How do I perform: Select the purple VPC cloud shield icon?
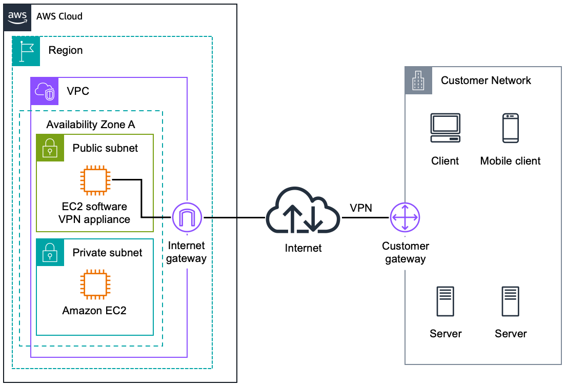coord(44,91)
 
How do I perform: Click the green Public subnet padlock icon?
coord(50,148)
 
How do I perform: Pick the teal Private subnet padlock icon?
coord(50,252)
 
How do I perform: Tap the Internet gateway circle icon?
coord(187,218)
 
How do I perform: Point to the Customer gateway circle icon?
coord(405,217)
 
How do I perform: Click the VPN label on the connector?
coord(361,208)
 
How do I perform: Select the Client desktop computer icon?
coord(444,128)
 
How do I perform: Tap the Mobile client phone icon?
coord(510,128)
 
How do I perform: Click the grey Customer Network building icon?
coord(418,80)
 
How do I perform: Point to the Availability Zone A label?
coord(91,125)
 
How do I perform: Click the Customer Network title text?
coord(486,80)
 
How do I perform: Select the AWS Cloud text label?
coord(59,16)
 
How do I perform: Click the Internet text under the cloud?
coord(303,248)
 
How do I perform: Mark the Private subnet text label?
coord(107,253)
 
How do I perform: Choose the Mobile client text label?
coord(510,161)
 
